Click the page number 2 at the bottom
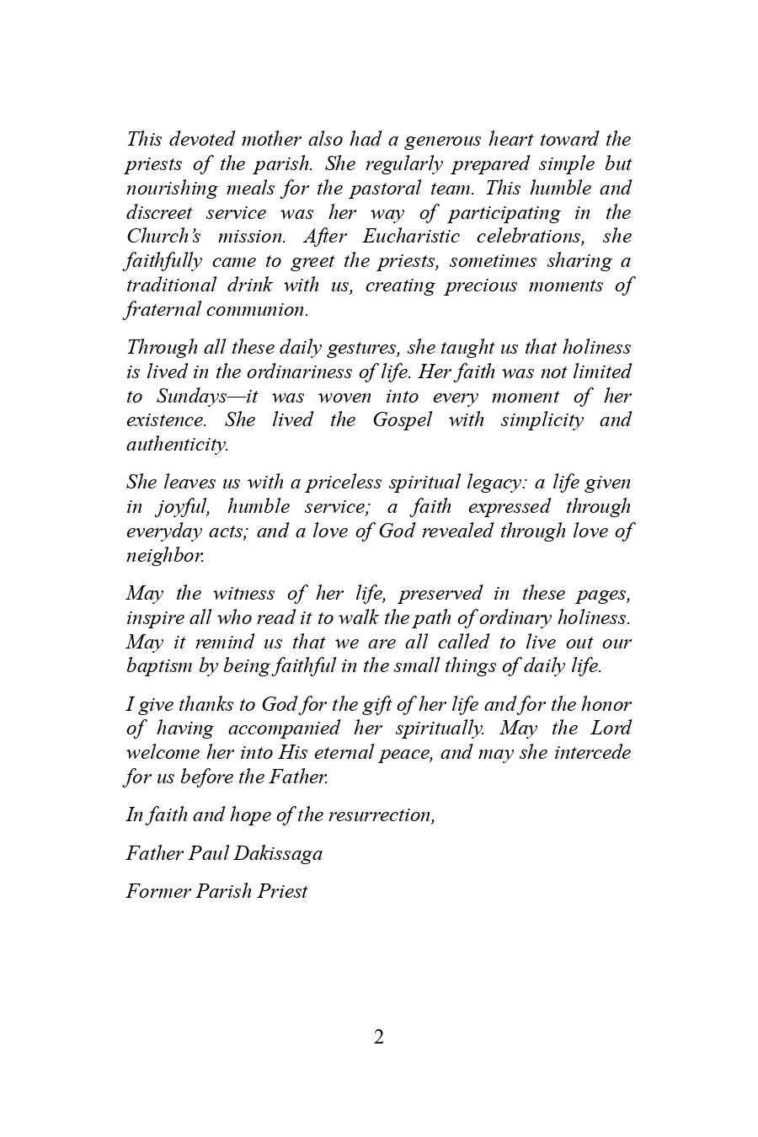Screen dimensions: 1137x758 (x=378, y=1037)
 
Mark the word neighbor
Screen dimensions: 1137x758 (x=165, y=555)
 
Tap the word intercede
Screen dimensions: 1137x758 (x=591, y=752)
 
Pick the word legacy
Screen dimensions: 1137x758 (x=494, y=482)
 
